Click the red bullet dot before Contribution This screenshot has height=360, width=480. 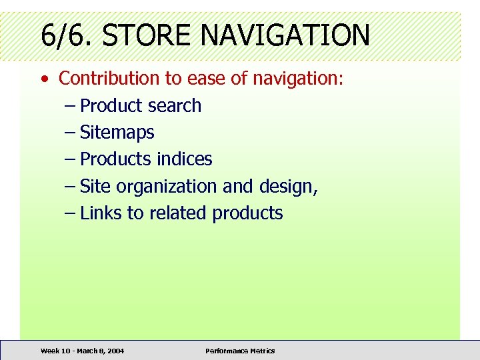pyautogui.click(x=44, y=79)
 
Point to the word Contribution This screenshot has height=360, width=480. pyautogui.click(x=109, y=78)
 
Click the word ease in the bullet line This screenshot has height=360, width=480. pyautogui.click(x=206, y=78)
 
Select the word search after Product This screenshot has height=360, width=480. pyautogui.click(x=175, y=105)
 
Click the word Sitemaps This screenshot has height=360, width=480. pyautogui.click(x=117, y=133)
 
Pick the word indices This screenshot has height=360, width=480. pyautogui.click(x=185, y=159)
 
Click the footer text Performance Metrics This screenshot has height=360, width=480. pyautogui.click(x=240, y=351)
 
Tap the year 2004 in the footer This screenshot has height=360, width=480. pyautogui.click(x=114, y=351)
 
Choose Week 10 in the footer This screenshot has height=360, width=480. pyautogui.click(x=53, y=351)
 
